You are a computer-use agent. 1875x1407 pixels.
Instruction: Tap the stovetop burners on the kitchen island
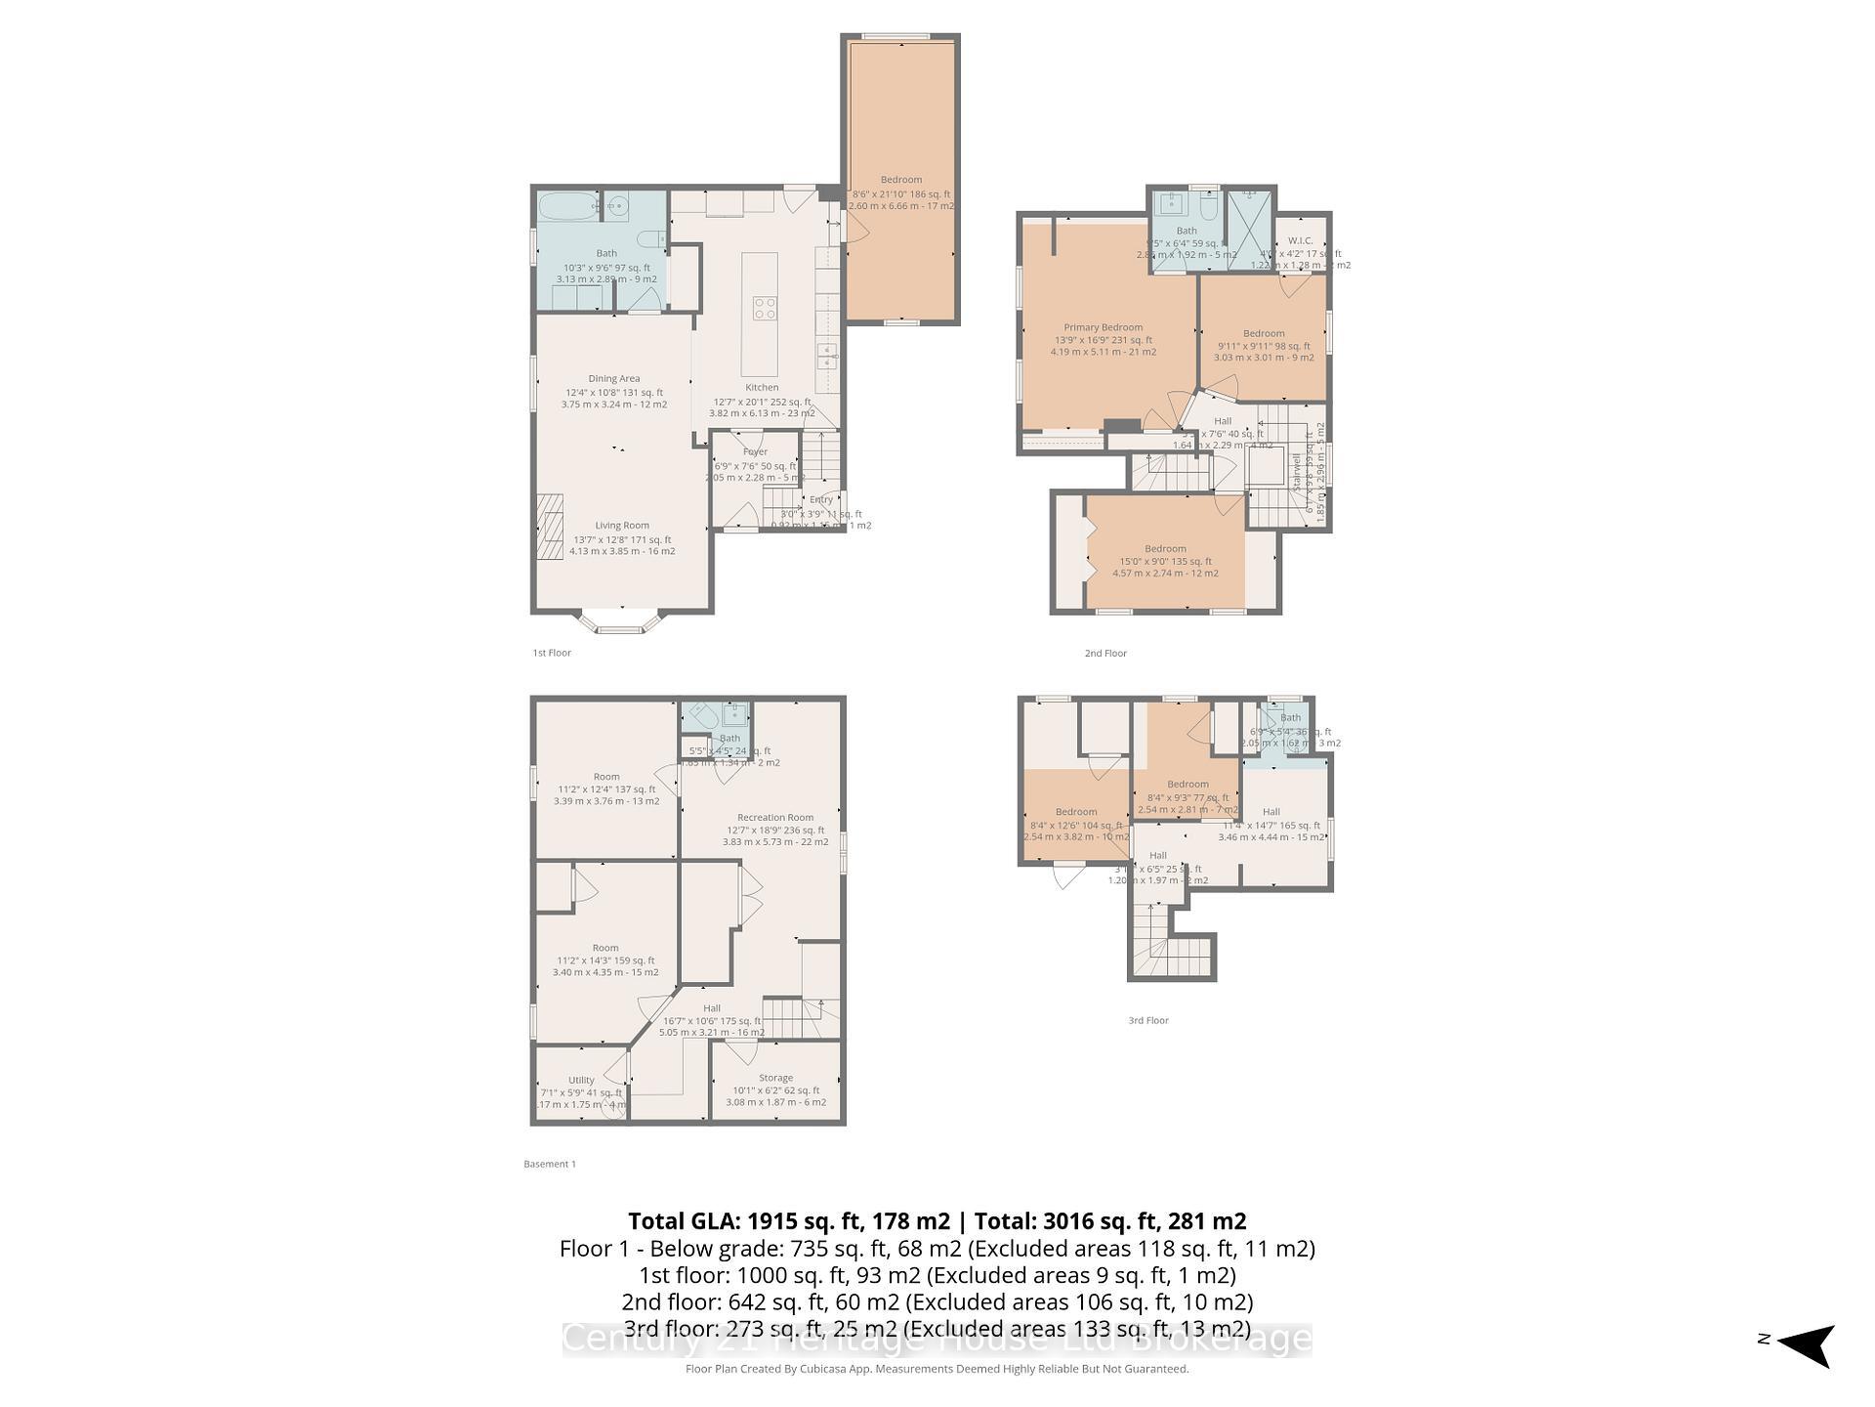[765, 309]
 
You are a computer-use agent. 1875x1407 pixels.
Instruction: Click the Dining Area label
[614, 379]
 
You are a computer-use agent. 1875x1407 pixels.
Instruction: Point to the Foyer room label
[755, 452]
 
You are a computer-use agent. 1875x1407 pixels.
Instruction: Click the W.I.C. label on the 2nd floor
[1301, 240]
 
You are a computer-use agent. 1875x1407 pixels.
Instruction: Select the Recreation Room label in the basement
[775, 818]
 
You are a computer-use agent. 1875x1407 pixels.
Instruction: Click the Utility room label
[581, 1081]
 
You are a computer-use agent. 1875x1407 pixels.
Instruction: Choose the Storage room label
[776, 1078]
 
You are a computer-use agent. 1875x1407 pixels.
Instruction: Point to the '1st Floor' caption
[552, 653]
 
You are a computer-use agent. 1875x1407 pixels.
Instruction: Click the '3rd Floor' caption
[1148, 1020]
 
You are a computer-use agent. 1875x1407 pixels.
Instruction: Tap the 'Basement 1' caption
[550, 1164]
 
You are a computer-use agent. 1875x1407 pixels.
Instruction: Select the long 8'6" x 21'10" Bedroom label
[901, 180]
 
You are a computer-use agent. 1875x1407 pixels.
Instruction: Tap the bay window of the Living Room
[622, 622]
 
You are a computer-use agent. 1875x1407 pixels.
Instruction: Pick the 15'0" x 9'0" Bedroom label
[1166, 549]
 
